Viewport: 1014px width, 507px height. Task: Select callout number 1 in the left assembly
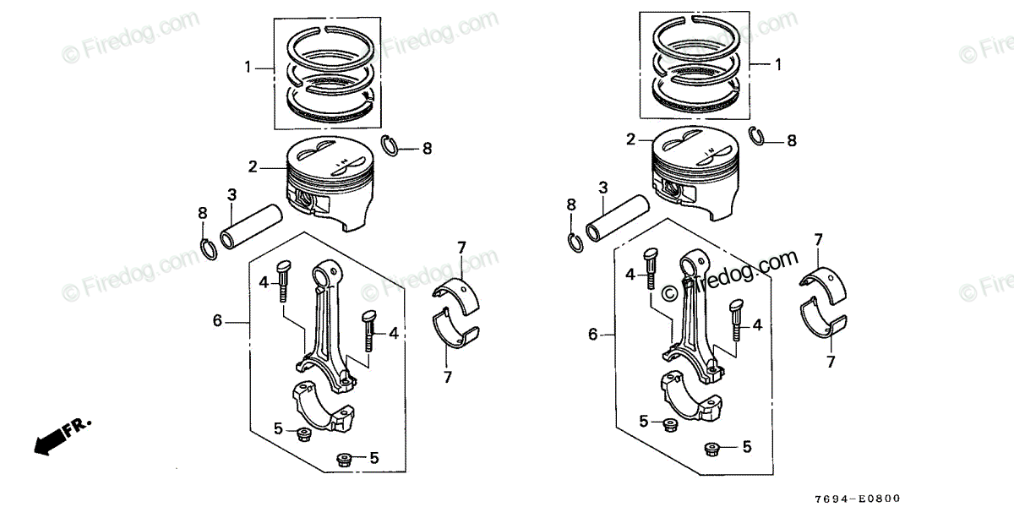(248, 67)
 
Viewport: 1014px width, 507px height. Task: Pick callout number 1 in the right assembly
(777, 64)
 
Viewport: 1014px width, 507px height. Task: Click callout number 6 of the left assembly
(217, 320)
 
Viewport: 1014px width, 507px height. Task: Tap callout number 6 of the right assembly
(593, 335)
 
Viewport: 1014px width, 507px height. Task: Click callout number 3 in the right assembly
(603, 187)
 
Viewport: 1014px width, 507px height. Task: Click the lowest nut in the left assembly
(343, 459)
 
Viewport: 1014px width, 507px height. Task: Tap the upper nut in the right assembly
(668, 423)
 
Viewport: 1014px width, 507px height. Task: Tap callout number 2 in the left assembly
(253, 167)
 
